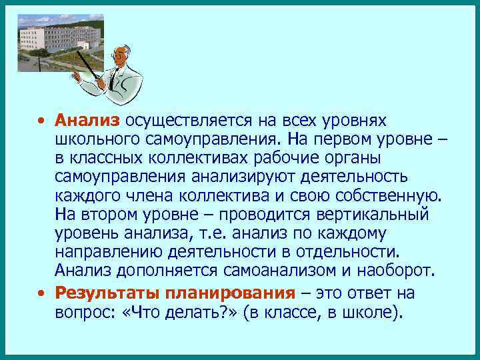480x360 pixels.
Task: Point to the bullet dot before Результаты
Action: click(41, 293)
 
